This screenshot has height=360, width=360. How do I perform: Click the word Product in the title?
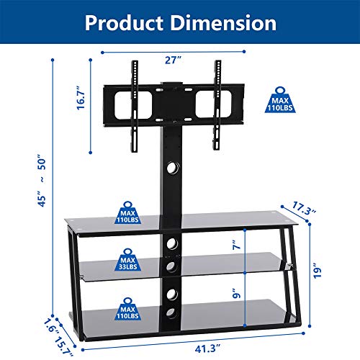click(124, 22)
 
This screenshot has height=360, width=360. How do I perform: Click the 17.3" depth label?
click(304, 212)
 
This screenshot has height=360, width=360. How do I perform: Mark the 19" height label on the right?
click(325, 271)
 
